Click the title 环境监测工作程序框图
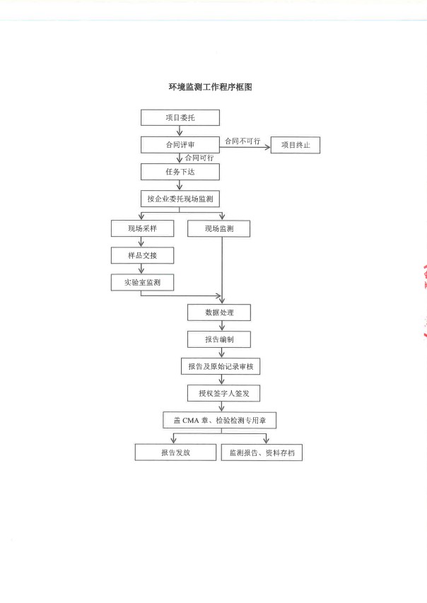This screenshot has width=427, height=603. (x=211, y=87)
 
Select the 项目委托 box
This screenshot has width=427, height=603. (x=180, y=117)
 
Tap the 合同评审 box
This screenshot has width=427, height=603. (x=180, y=145)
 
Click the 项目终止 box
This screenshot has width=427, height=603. (x=296, y=145)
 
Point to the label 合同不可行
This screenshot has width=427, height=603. (x=242, y=141)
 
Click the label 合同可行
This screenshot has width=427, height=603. (x=199, y=158)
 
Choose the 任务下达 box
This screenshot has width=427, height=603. (x=180, y=172)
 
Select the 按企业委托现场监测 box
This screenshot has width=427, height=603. (x=180, y=199)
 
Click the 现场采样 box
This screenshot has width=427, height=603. (x=142, y=228)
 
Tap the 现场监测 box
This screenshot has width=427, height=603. (x=219, y=229)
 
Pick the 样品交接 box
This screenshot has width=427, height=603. (x=142, y=255)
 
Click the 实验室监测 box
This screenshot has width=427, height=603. (x=142, y=282)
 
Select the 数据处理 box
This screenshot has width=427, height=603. (x=219, y=312)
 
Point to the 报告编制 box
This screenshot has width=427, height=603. (x=219, y=339)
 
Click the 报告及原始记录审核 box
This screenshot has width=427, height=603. (x=221, y=366)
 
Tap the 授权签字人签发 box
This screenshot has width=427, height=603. (x=224, y=394)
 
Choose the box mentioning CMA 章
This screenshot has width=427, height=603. (x=220, y=421)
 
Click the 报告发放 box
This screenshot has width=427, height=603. (x=175, y=452)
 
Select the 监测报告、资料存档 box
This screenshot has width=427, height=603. (x=262, y=452)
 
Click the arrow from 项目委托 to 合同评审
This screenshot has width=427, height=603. (x=180, y=131)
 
